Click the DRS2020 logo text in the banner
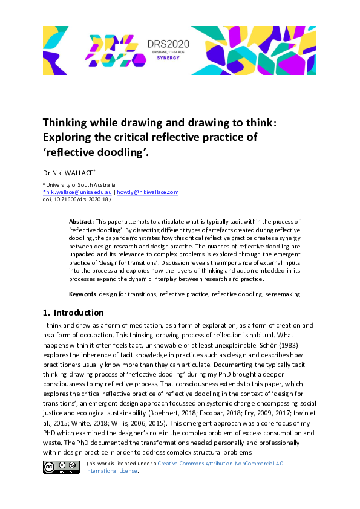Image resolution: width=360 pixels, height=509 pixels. pos(168,44)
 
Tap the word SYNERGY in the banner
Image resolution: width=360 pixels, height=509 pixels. pos(168,59)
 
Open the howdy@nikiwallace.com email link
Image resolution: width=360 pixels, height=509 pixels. pos(148,192)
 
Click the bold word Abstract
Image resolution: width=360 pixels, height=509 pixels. pos(81,222)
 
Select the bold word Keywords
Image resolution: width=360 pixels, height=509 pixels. pos(83,294)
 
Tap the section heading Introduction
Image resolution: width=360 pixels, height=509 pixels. pos(79,313)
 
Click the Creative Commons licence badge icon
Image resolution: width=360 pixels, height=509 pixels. pos(61,467)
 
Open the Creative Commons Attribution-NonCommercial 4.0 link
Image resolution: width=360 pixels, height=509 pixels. pos(220,464)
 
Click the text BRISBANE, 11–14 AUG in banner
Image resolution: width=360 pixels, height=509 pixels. pos(168,53)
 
